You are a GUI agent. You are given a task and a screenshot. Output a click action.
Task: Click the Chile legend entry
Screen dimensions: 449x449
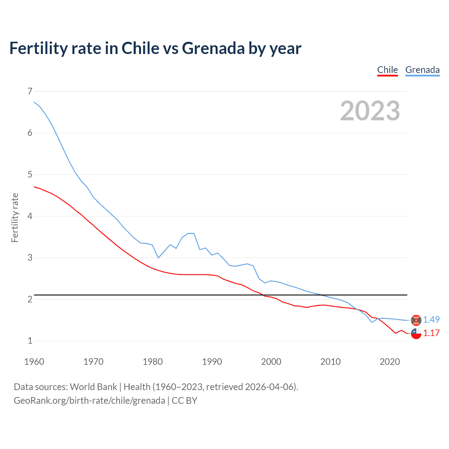387,70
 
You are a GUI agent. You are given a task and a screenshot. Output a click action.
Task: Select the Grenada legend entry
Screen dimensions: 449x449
422,70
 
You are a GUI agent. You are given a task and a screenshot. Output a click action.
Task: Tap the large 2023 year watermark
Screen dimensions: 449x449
370,111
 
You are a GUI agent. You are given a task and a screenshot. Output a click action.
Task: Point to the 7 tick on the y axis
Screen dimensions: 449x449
30,91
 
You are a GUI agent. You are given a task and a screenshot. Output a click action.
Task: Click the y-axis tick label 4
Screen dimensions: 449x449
30,216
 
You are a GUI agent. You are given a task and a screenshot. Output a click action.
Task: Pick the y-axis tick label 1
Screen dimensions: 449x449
30,341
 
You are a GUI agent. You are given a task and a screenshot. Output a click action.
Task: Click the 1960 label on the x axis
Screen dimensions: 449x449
34,362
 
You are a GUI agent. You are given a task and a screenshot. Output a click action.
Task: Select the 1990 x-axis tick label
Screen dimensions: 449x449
212,362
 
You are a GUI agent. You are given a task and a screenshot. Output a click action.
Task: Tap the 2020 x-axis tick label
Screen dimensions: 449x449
390,362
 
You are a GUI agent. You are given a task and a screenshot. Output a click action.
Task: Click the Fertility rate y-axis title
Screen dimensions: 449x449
15,217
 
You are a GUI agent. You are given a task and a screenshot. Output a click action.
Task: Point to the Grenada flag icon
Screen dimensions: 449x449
416,320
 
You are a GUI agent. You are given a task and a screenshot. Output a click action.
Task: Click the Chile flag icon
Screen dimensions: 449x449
416,333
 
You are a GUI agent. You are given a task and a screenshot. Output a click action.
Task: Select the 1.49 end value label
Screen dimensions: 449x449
431,320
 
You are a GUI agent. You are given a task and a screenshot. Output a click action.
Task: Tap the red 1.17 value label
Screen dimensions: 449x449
431,333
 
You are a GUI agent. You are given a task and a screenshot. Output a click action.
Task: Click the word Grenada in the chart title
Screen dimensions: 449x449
213,48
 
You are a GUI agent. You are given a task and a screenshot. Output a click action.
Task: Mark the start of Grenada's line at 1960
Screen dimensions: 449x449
34,102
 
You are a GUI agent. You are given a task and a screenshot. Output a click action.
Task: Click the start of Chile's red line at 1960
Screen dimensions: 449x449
34,187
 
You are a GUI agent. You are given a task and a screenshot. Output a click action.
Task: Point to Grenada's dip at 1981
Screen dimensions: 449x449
159,258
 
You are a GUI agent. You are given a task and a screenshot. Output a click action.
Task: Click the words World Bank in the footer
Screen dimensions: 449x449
93,387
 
